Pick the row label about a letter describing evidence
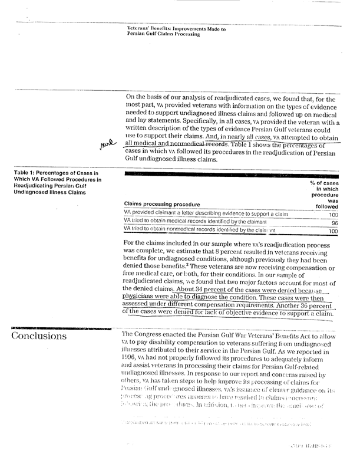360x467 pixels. click(x=206, y=214)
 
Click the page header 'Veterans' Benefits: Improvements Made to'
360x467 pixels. click(x=176, y=28)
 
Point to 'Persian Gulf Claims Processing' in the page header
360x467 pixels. click(x=163, y=34)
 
